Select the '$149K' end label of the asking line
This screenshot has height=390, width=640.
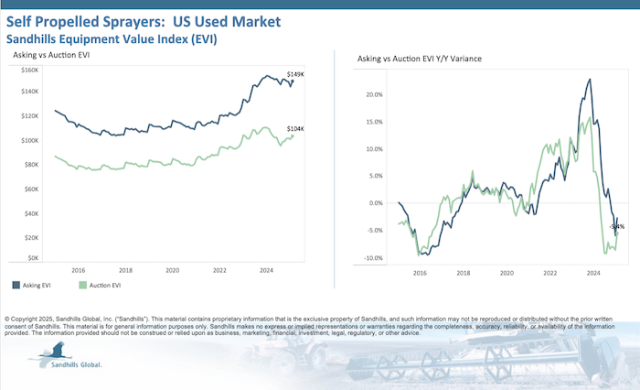295,73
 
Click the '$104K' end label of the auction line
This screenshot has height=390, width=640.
296,129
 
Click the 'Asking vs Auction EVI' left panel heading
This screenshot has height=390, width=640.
51,56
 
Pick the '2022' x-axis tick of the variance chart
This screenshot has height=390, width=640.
549,273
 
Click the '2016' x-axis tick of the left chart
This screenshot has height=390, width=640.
79,271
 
